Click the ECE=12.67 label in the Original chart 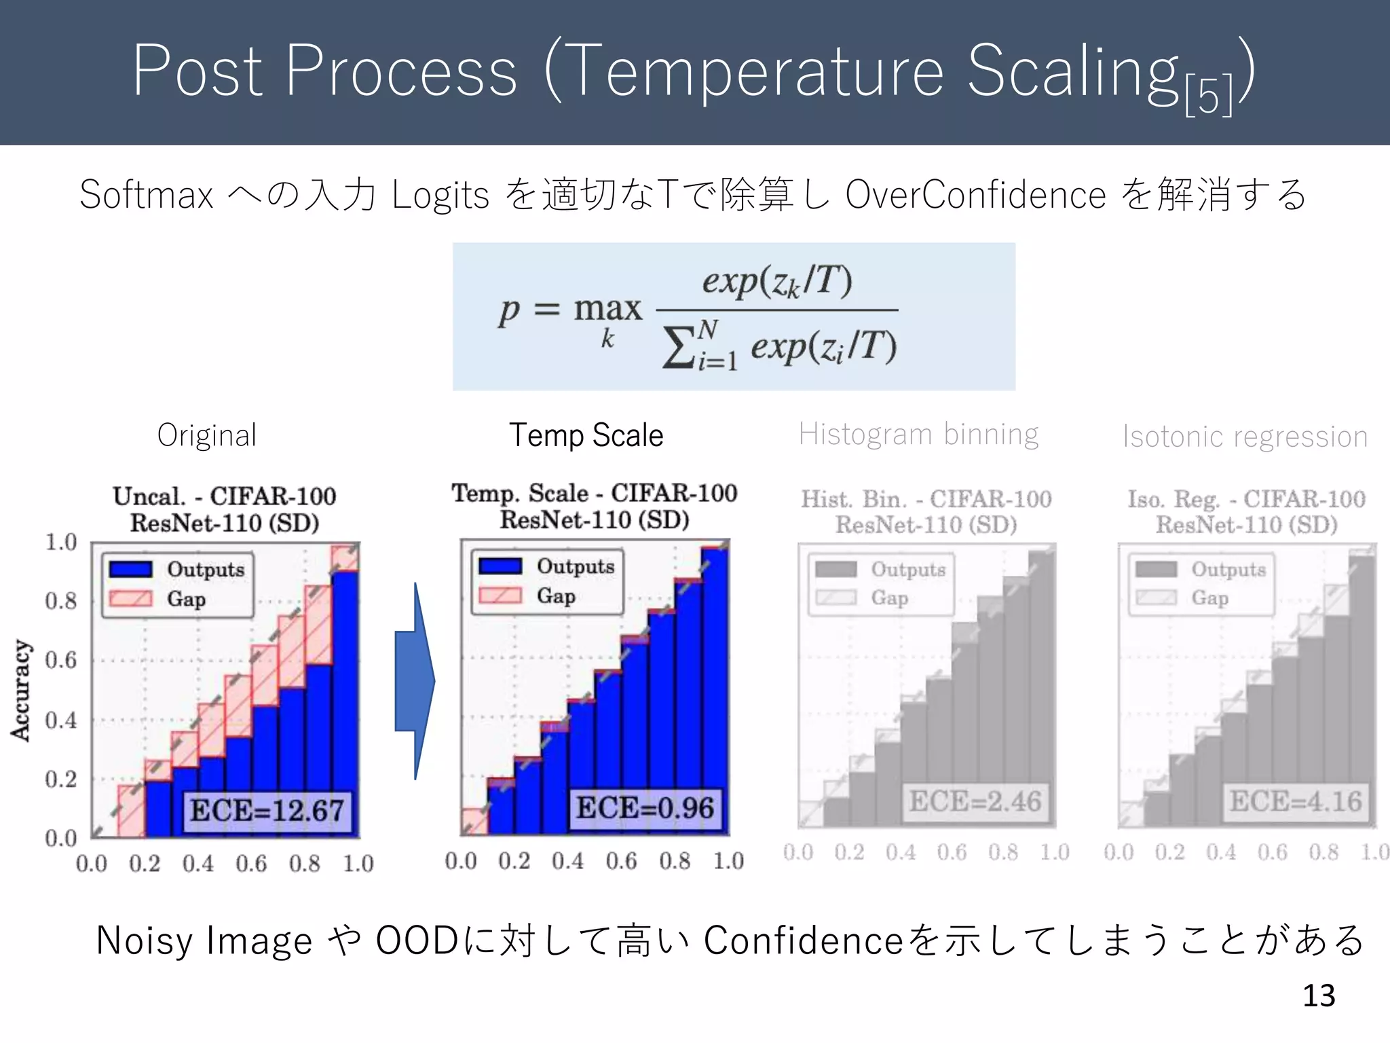[x=267, y=811]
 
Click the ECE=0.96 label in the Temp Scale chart [x=645, y=808]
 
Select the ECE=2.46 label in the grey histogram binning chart [x=975, y=801]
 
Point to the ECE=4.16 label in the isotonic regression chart [x=1296, y=802]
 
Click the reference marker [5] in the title [x=1208, y=97]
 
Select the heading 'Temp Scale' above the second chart [x=586, y=435]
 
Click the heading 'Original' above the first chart [x=207, y=435]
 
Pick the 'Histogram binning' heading [x=918, y=434]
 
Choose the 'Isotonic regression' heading [x=1245, y=437]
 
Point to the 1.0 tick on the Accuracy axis [x=61, y=542]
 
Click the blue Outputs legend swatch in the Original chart [x=131, y=569]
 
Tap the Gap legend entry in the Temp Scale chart [x=555, y=596]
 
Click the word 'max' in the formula [x=607, y=309]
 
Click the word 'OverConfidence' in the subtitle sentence [x=975, y=196]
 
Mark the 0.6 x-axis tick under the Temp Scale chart [x=621, y=861]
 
